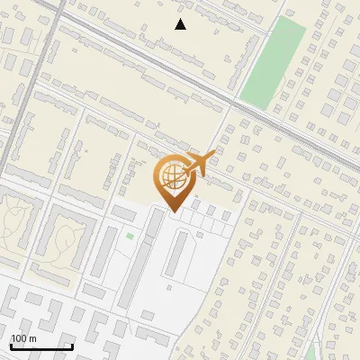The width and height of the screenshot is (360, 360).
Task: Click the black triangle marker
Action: (x=181, y=24)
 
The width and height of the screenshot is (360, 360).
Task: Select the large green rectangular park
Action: (x=274, y=61)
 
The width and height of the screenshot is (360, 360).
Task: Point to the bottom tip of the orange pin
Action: (x=174, y=212)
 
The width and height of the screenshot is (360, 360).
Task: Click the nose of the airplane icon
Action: (x=214, y=156)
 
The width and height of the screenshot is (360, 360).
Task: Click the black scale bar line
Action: (x=40, y=347)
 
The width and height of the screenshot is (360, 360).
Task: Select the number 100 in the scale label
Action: (x=18, y=339)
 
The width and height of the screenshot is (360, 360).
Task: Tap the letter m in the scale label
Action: (x=32, y=339)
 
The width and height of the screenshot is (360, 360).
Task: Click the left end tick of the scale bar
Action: (x=10, y=346)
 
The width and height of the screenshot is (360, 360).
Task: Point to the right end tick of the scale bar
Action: (x=72, y=346)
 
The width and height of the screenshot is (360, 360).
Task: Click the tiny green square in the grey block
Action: (x=130, y=237)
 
